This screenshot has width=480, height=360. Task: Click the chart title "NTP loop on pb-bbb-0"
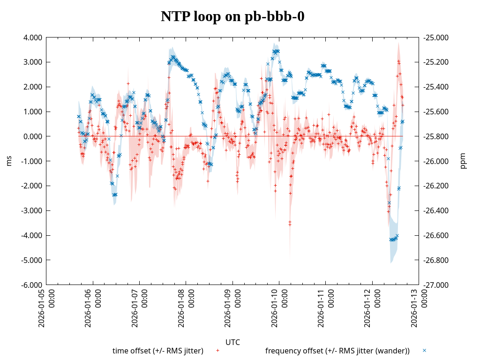pyautogui.click(x=232, y=16)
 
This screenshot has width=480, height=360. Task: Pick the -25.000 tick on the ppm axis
pyautogui.click(x=435, y=37)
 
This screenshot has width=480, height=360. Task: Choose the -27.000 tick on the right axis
pyautogui.click(x=435, y=285)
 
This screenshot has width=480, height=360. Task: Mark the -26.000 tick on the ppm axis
pyautogui.click(x=435, y=161)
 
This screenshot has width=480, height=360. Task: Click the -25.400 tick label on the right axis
pyautogui.click(x=435, y=87)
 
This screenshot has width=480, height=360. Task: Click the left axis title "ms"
pyautogui.click(x=9, y=161)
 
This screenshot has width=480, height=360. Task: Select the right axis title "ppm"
pyautogui.click(x=463, y=161)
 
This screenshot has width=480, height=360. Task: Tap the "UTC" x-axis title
pyautogui.click(x=232, y=342)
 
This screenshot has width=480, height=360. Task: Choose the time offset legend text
pyautogui.click(x=158, y=351)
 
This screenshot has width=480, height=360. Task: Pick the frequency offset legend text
pyautogui.click(x=337, y=351)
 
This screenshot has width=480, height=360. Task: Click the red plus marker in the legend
pyautogui.click(x=217, y=350)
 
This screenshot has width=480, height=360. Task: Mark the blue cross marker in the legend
pyautogui.click(x=424, y=350)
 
